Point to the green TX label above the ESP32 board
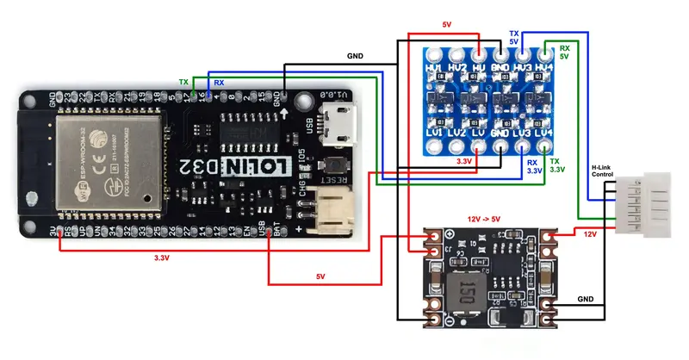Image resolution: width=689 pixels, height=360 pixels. coord(183,83)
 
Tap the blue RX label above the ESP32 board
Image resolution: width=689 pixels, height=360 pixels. coord(219,83)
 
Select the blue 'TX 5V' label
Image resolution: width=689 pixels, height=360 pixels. coord(514,36)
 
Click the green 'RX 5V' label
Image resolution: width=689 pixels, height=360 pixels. coord(564,52)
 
